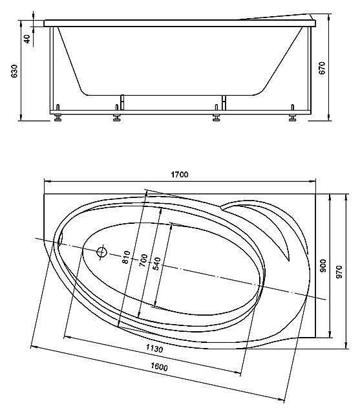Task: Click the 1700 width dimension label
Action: coord(179,175)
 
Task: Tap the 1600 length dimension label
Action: coord(159,367)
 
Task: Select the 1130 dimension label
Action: coord(154,349)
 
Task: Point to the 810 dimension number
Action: coord(126,257)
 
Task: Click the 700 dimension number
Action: coord(143,260)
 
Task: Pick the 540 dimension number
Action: coord(156,263)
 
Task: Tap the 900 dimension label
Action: coord(323,266)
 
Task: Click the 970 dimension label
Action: coord(339,272)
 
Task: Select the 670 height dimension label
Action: coord(323,68)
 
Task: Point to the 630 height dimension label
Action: coord(14,71)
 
